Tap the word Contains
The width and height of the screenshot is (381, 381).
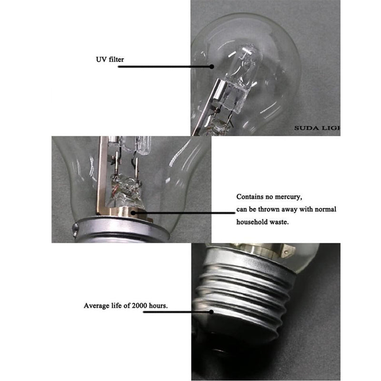[249, 197]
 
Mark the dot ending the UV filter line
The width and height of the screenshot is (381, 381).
[211, 67]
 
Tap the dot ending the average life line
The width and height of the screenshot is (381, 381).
[211, 312]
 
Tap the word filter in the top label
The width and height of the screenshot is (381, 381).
[117, 60]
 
